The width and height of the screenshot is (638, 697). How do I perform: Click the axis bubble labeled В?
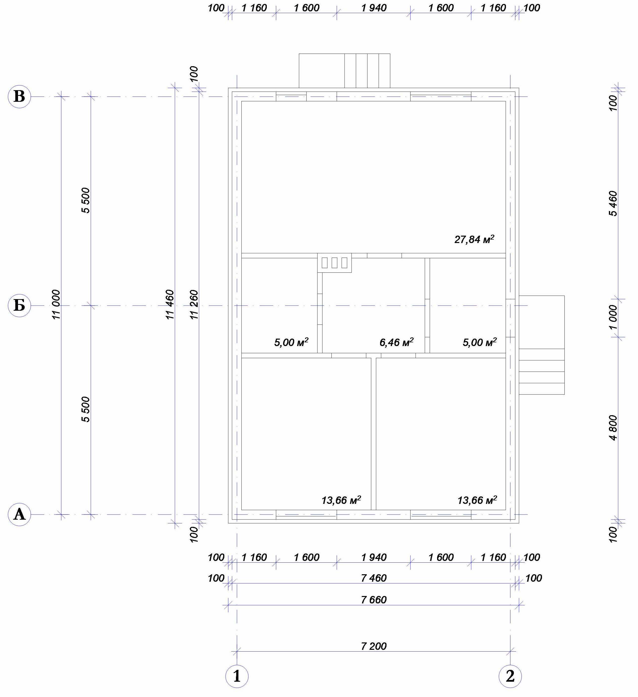(19, 97)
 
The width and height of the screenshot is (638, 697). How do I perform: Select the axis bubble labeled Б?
(19, 306)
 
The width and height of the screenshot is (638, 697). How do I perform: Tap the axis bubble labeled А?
(19, 514)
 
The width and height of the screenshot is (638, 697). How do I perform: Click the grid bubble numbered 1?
(237, 676)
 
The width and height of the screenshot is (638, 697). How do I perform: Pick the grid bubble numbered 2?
(510, 676)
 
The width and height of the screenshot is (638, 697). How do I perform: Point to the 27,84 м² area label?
(474, 239)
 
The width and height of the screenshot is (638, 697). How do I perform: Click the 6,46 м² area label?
(397, 342)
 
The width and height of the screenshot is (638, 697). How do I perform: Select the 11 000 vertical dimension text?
(56, 305)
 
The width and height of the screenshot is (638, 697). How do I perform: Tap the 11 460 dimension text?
(170, 305)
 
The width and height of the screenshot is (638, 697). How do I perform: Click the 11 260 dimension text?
(194, 305)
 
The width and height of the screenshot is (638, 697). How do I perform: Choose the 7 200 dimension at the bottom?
(374, 646)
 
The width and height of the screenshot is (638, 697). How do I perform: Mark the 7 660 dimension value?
(374, 599)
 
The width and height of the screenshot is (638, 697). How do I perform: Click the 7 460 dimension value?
(374, 578)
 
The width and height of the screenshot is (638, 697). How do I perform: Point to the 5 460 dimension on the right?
(613, 203)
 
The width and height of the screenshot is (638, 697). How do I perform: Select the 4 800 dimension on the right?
(613, 428)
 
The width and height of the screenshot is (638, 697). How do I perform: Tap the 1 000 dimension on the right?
(613, 317)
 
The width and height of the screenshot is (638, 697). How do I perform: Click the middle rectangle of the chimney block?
(334, 263)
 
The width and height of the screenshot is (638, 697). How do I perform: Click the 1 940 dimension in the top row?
(374, 8)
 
